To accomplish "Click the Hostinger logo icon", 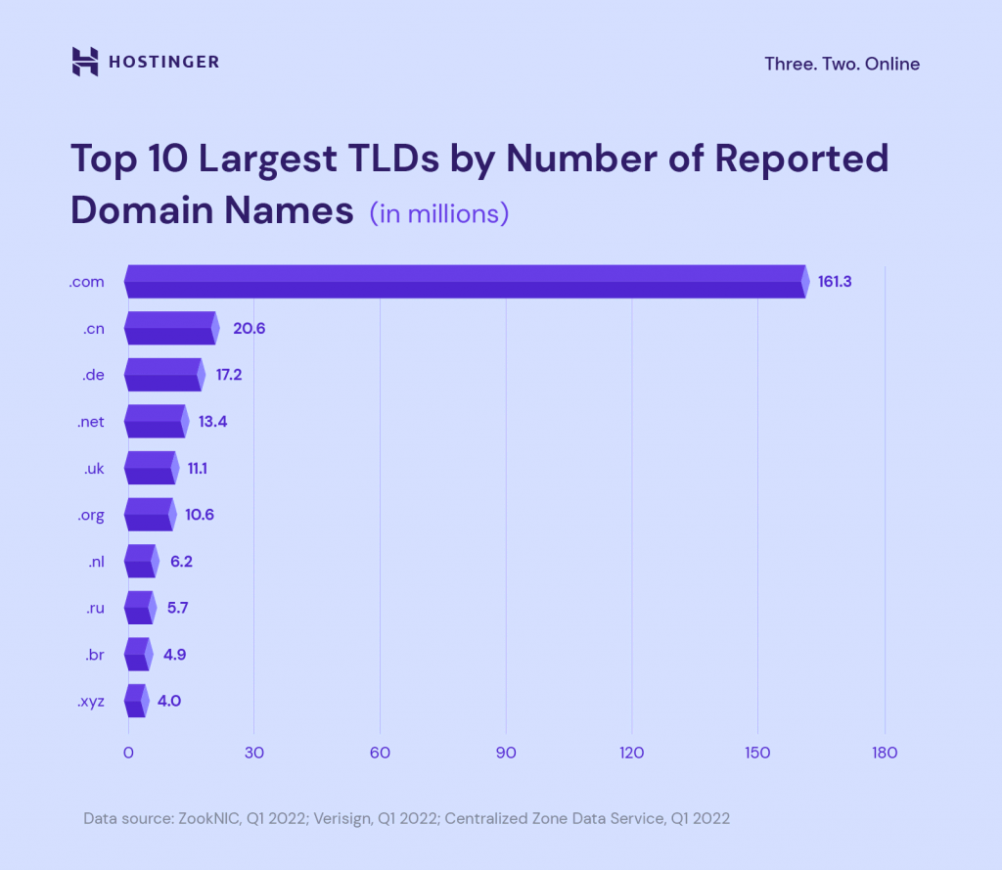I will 85,62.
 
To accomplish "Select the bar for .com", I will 466,282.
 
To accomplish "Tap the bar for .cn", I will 170,328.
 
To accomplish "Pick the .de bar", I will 163,375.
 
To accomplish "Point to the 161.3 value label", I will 835,282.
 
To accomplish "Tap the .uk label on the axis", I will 94,469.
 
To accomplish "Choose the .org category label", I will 90,515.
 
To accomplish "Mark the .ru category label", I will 94,608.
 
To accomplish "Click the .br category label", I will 94,655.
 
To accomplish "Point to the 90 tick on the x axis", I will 506,753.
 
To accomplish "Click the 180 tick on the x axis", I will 885,753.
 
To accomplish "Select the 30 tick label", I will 253,753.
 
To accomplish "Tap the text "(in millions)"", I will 438,212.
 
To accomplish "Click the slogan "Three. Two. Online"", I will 842,64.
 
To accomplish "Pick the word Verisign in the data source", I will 342,818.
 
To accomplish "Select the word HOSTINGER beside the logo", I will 164,63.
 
